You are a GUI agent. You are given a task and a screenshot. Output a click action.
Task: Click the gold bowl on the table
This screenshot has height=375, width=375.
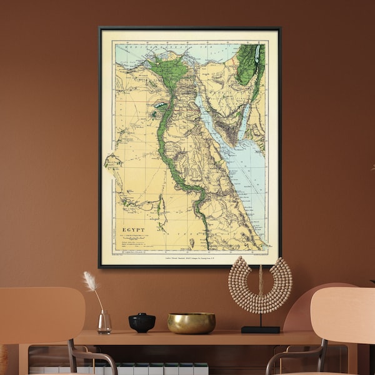(x=191, y=322)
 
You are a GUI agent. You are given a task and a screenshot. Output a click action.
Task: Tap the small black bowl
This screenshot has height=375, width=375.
(x=142, y=322)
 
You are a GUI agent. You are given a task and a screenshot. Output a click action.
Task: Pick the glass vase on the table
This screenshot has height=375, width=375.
(x=104, y=322)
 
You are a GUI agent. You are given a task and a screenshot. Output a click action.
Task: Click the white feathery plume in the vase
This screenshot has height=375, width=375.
(x=91, y=282)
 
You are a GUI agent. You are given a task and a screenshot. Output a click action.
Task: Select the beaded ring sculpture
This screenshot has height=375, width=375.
(x=260, y=285)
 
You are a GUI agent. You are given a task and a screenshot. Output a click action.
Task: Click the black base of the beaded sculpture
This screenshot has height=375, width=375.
(x=260, y=329)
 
